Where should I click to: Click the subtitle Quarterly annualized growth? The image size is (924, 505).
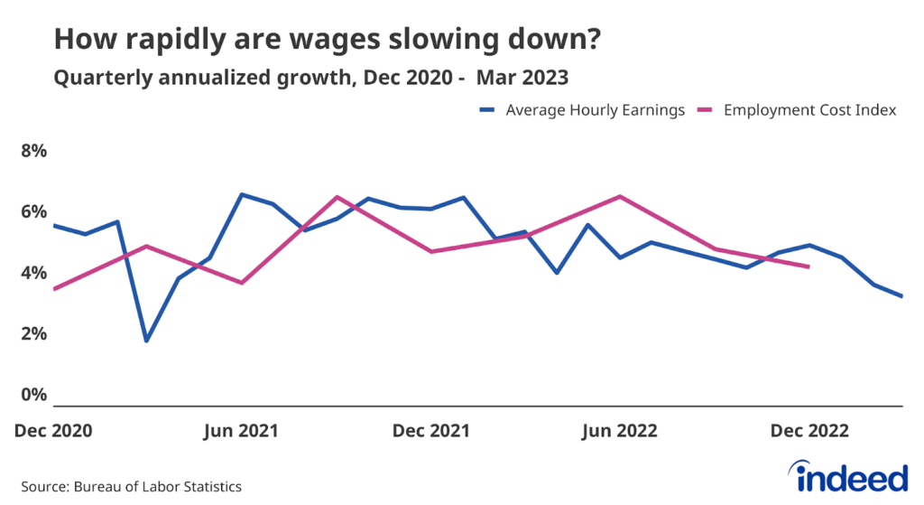(x=310, y=79)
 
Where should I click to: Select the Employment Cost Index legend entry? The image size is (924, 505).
(x=806, y=109)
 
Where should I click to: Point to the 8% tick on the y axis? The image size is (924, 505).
(x=33, y=150)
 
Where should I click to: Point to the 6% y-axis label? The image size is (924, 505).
(x=33, y=211)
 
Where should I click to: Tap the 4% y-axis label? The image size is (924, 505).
(x=33, y=273)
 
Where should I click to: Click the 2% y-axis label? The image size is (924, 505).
(x=33, y=334)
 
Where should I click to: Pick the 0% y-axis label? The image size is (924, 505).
(x=33, y=396)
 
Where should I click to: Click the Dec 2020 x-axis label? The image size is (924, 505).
(x=53, y=431)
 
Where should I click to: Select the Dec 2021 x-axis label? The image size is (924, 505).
(x=430, y=431)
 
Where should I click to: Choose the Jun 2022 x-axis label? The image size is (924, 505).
(x=619, y=431)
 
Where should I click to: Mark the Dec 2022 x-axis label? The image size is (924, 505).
(x=809, y=431)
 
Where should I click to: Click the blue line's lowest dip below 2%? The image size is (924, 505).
(x=146, y=341)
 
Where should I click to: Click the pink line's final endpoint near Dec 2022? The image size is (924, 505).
(x=808, y=267)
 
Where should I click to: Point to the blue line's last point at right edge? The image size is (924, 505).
(x=902, y=295)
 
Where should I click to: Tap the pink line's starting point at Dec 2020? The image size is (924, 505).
(x=54, y=289)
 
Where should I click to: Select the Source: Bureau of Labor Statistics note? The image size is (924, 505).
(x=131, y=487)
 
